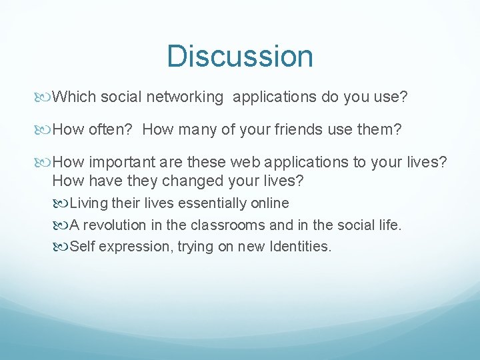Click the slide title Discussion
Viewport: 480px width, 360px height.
click(240, 56)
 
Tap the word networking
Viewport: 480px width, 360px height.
click(186, 97)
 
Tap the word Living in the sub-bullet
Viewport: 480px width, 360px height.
click(89, 203)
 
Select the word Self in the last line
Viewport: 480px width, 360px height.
click(82, 247)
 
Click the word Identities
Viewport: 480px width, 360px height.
click(300, 247)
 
